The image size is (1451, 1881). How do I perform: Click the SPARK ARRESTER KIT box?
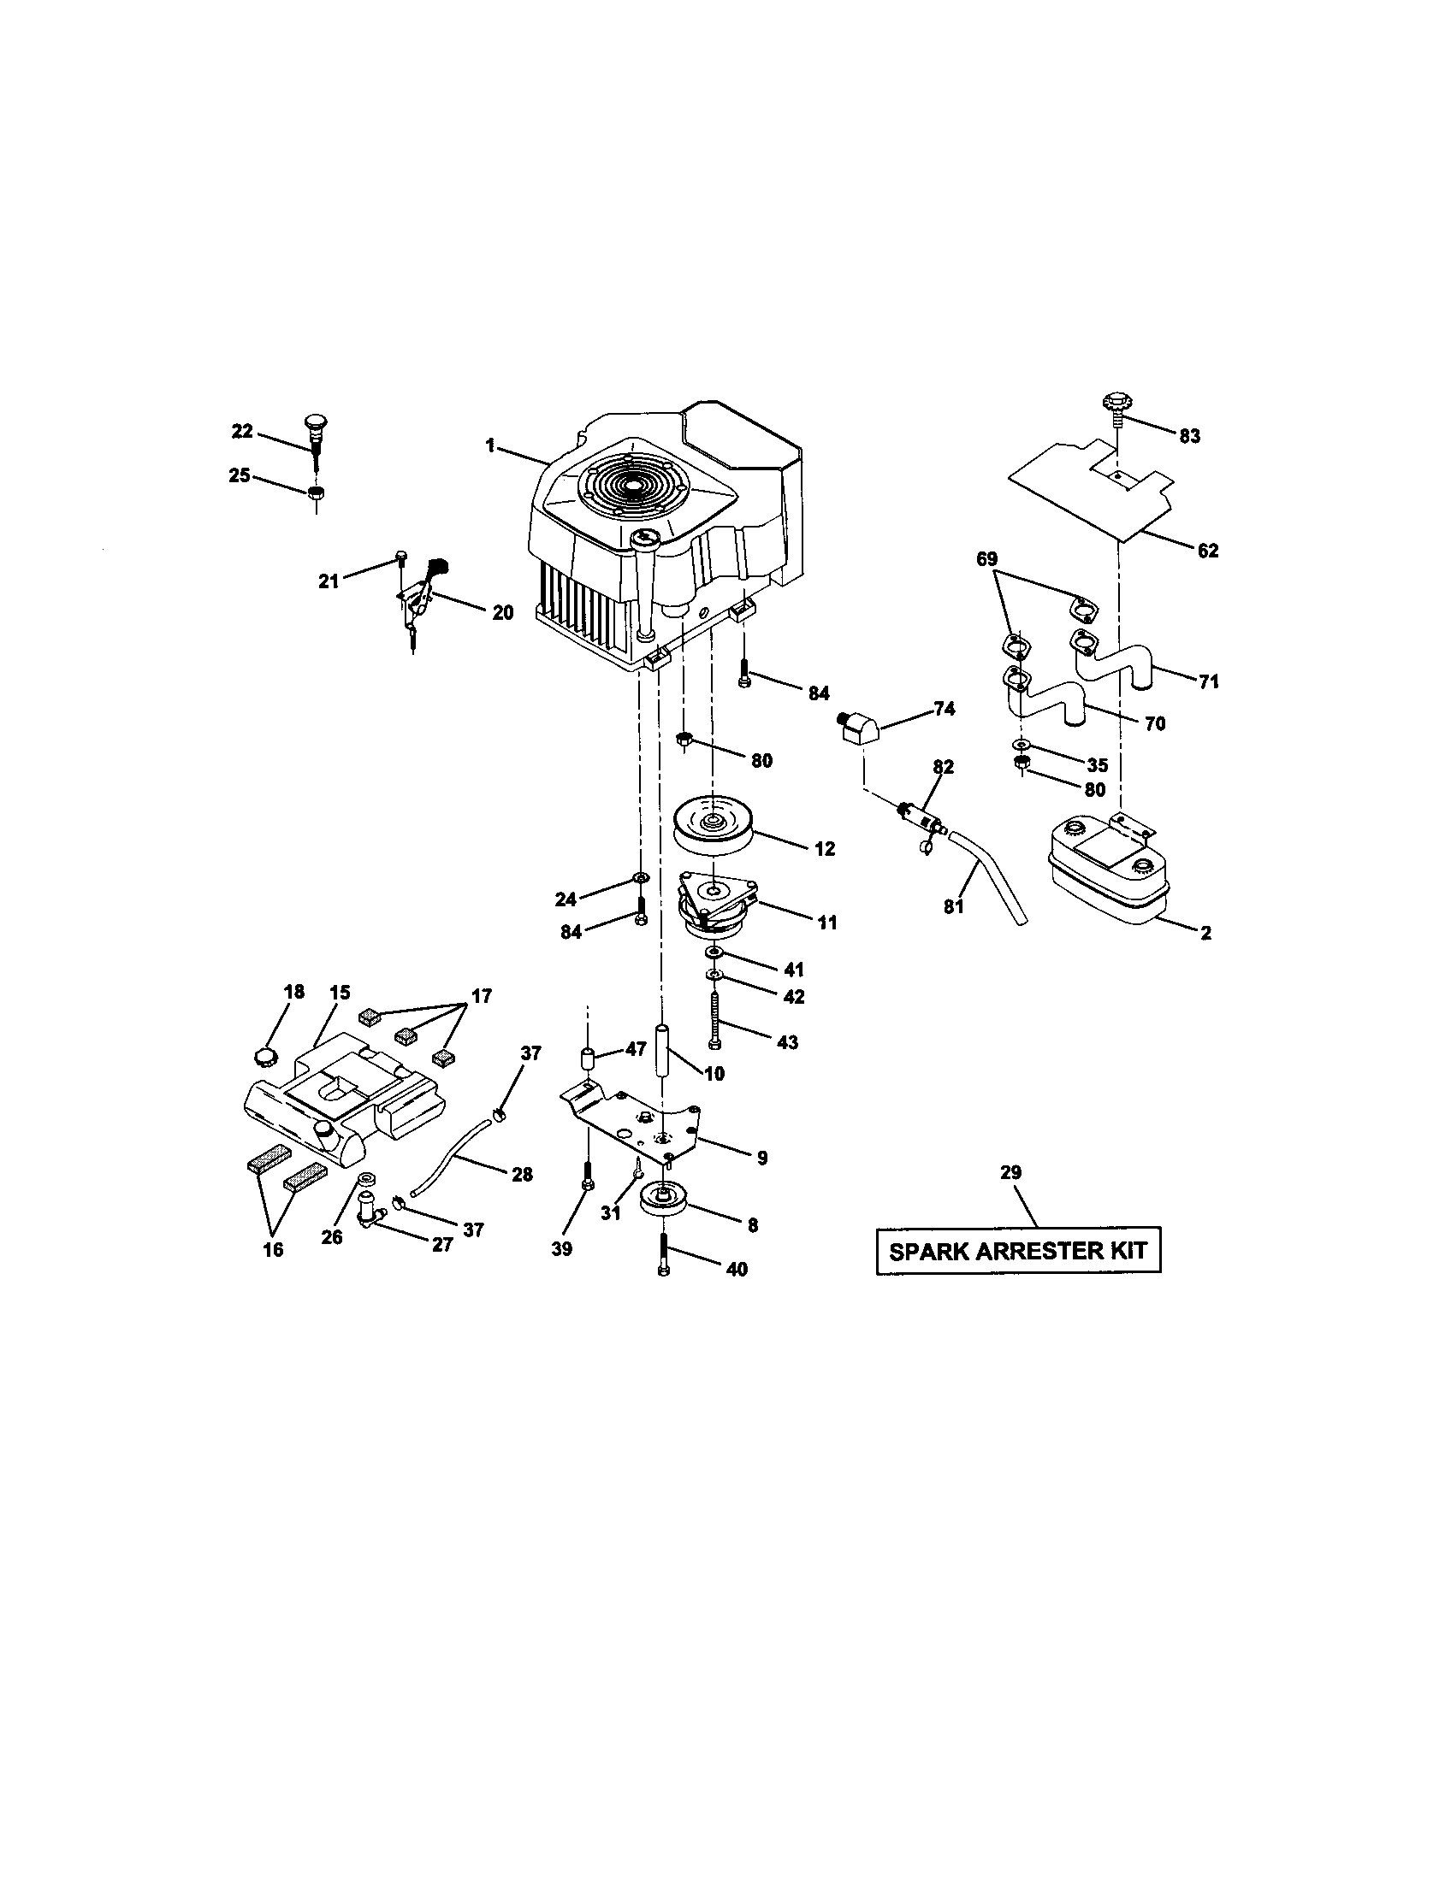(1017, 1250)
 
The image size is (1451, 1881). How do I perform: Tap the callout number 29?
(1010, 1172)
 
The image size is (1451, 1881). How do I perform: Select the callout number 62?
(1208, 551)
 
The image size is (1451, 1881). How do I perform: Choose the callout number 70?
(1155, 723)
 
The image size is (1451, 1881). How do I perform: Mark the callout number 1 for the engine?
(490, 445)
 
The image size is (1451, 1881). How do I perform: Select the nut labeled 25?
(316, 493)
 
